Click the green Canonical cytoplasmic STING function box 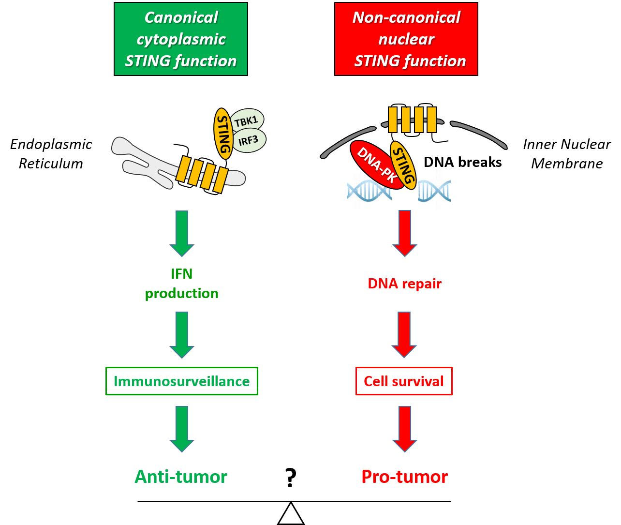click(x=180, y=39)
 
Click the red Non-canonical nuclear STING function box click(x=406, y=39)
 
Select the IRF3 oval click(x=249, y=140)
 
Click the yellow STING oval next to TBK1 click(x=223, y=134)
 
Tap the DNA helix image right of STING click(x=434, y=189)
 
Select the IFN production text click(x=182, y=284)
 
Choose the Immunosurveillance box click(x=182, y=381)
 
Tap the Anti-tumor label click(x=181, y=477)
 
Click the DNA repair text click(x=404, y=284)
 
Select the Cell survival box click(x=404, y=381)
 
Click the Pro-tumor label click(x=404, y=477)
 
